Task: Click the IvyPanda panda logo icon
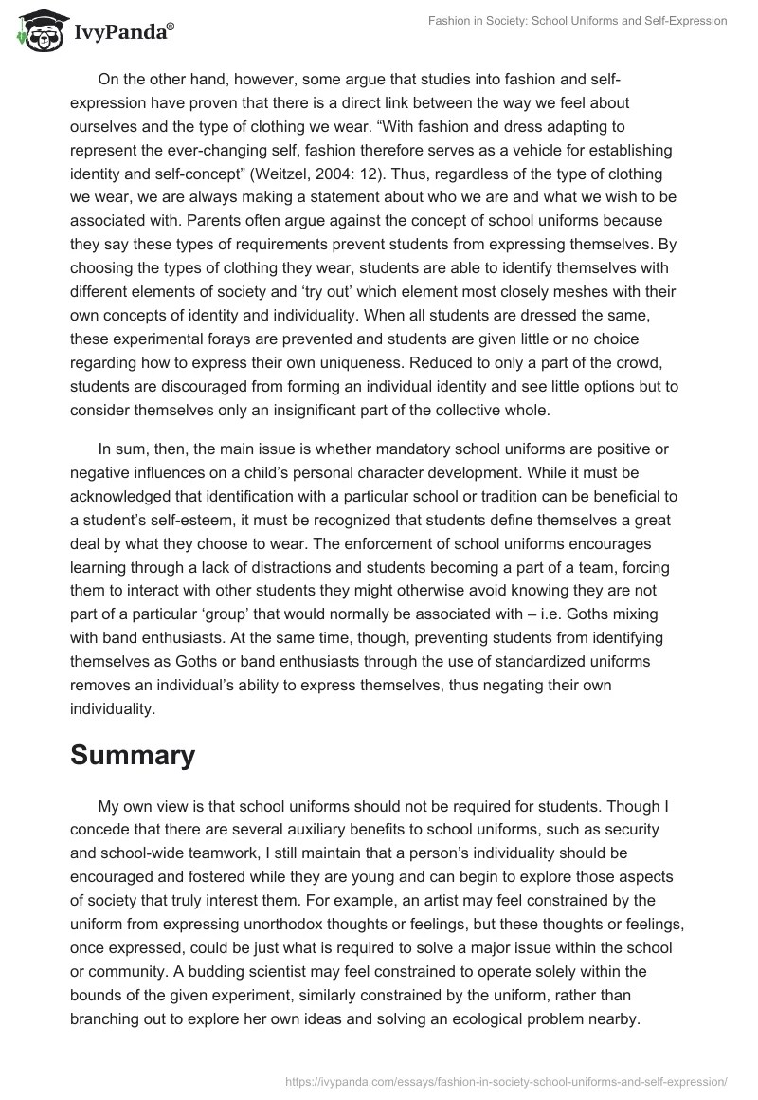click(36, 29)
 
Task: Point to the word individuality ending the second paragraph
click(111, 708)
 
